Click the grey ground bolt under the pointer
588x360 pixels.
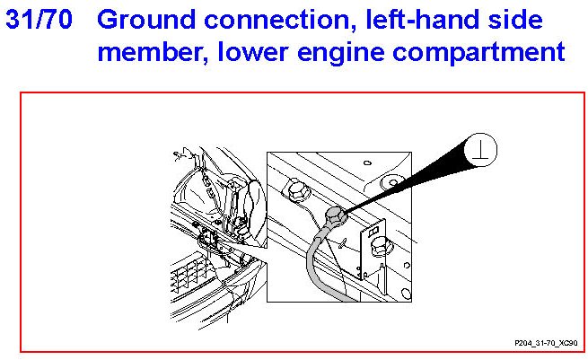pos(336,215)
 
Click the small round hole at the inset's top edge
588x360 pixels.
pos(365,164)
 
